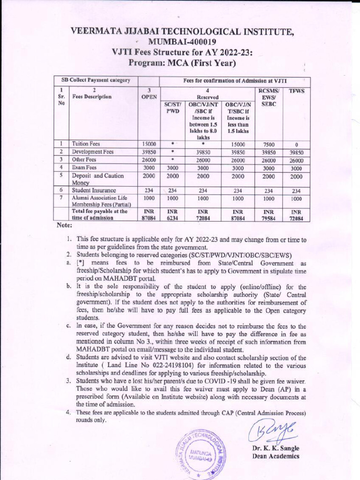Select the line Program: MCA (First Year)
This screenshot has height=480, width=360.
coord(182,63)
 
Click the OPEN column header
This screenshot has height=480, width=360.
coord(149,94)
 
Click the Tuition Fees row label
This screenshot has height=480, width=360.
coord(86,144)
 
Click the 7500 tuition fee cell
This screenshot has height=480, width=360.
coord(268,144)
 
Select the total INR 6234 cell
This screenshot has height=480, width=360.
coord(172,215)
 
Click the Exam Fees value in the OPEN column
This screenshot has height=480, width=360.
coord(149,167)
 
